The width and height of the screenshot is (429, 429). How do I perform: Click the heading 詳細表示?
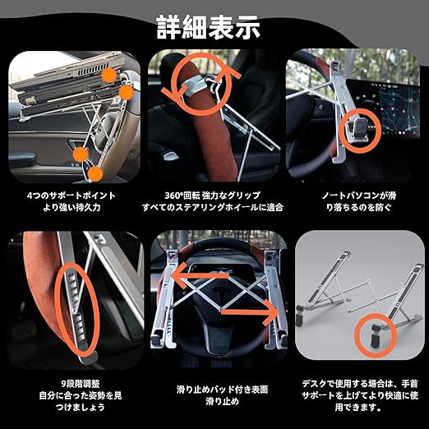coord(208,27)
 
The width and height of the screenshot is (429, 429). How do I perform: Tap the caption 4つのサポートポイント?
coord(71,196)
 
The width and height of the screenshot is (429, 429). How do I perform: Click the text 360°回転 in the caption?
coord(182,196)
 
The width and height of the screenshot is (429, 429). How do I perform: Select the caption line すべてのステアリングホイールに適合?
coord(213,207)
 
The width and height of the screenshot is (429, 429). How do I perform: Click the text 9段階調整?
coord(81,384)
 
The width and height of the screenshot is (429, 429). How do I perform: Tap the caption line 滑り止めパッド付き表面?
coord(222,390)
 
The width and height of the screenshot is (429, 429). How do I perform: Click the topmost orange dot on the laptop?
coord(109,76)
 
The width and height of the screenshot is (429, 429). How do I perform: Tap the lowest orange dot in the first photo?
coord(95,174)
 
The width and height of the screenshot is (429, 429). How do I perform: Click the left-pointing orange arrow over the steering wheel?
coord(199,275)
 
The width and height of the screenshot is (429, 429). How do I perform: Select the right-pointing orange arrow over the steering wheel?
coord(250,312)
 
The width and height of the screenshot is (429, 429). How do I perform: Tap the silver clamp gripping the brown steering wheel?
coord(193,85)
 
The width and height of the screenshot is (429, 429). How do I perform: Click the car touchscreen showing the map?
coord(383,108)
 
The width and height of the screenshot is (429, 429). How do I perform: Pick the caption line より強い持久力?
coord(71,207)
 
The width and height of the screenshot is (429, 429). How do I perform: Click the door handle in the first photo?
coord(76,145)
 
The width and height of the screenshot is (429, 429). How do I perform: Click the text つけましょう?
coord(81,408)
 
